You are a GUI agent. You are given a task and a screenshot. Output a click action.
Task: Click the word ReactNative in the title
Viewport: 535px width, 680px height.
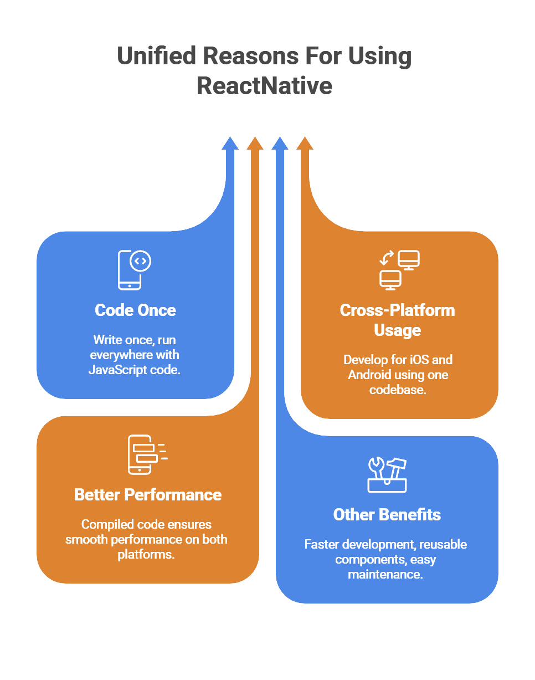click(x=264, y=86)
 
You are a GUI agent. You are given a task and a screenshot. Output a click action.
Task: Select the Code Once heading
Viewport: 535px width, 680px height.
click(x=135, y=310)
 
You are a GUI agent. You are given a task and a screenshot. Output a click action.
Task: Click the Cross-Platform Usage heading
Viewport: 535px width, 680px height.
click(x=397, y=320)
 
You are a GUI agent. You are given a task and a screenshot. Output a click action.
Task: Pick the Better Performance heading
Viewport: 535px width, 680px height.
click(x=148, y=494)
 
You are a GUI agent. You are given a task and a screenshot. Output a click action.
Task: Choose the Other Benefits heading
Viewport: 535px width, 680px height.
click(x=387, y=514)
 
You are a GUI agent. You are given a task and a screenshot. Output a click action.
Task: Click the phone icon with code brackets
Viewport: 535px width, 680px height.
click(x=134, y=270)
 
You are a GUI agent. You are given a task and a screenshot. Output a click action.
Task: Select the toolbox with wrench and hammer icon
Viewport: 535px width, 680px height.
click(x=387, y=475)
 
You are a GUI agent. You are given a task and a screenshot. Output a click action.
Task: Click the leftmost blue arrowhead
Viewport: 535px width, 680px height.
click(x=230, y=143)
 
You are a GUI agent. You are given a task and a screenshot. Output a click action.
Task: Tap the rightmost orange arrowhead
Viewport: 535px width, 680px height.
click(x=305, y=143)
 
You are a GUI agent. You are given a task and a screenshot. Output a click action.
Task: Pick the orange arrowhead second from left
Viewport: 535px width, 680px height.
click(x=255, y=143)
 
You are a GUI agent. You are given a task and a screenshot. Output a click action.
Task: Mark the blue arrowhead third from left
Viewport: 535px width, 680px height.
click(x=280, y=143)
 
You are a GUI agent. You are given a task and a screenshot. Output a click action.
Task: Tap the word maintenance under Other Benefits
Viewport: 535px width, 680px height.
click(x=385, y=574)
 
